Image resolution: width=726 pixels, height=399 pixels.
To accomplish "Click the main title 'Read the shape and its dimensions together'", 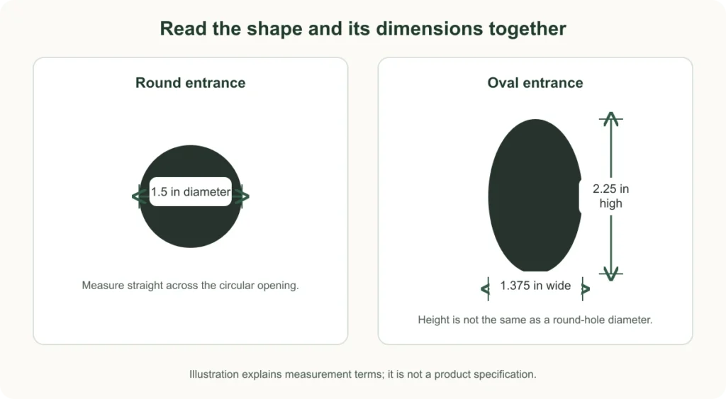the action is coord(363,28).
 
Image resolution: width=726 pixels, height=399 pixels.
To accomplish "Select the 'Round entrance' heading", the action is coord(190,83).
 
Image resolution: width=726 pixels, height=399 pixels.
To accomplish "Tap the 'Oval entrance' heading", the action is coord(535,83).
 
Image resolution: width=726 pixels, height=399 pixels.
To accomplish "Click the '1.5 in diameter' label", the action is coord(191,191).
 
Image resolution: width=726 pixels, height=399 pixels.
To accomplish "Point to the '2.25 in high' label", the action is coord(610,196).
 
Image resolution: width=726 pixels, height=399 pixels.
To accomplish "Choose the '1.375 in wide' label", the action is coord(535,286).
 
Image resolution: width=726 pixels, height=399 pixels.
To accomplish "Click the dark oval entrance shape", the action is coord(535,196).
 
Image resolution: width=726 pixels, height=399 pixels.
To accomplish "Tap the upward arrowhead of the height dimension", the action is coord(611,118).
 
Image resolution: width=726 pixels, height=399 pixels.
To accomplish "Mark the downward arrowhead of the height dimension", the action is coord(611,274).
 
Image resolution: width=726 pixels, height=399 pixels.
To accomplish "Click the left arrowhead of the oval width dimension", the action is coord(485,289).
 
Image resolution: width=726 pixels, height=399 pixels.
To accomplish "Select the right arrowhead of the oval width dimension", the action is coord(586,289).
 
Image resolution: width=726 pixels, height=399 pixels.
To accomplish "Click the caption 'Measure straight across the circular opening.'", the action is coord(190,286).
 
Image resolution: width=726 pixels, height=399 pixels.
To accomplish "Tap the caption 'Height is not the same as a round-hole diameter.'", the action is coord(535,320).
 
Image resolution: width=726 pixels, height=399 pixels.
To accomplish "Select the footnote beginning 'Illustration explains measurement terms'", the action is coord(363,374).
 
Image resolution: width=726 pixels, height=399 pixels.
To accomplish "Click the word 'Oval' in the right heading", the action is coord(503,83).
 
